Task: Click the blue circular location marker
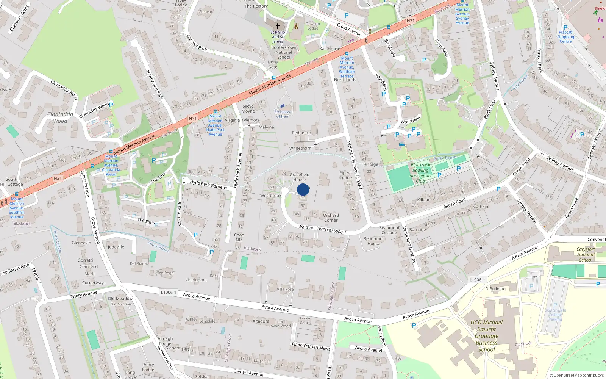303,189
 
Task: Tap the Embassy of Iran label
282,114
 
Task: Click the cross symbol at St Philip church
277,26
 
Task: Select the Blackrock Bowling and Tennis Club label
420,173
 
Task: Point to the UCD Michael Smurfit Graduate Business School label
487,336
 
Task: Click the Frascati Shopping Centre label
565,37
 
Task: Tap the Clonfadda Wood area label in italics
60,117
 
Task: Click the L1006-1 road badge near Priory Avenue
168,292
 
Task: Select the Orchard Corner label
331,218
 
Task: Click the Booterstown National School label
284,52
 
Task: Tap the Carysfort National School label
586,254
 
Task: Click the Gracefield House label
299,177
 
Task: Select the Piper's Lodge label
345,175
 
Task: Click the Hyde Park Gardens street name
208,185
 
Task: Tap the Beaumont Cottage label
389,230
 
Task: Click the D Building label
495,289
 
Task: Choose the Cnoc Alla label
239,237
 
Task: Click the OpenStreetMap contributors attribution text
576,375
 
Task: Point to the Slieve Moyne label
248,109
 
